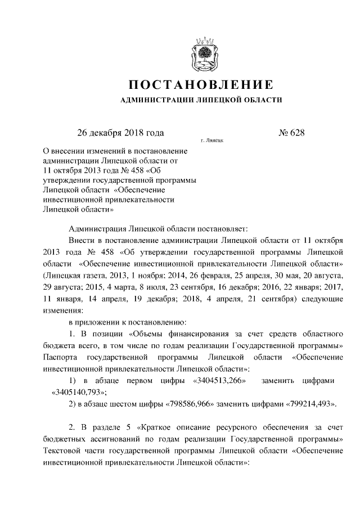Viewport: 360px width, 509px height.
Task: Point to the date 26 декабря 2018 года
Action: (120, 133)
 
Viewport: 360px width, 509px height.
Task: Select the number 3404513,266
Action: (218, 382)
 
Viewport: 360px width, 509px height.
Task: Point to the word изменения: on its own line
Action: (62, 310)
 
